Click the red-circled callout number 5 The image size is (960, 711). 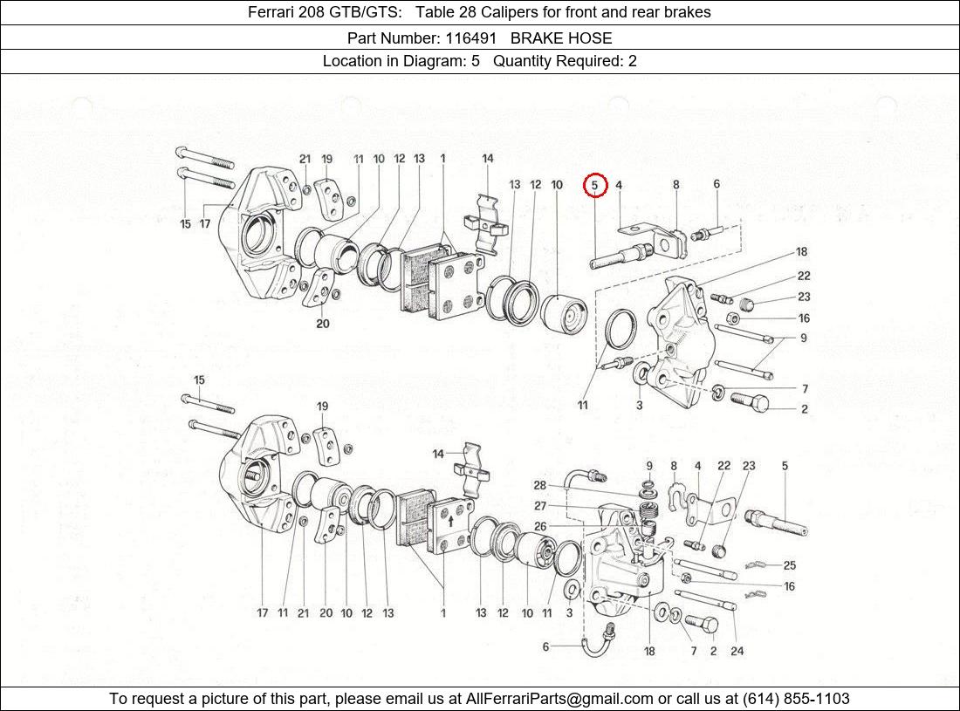tap(594, 185)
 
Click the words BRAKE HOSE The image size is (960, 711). tap(561, 38)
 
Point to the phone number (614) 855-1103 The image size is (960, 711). tap(795, 698)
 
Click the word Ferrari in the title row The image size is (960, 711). tap(272, 12)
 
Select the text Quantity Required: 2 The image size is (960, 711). tap(565, 61)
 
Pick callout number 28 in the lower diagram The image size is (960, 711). tap(540, 486)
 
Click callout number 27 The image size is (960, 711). tap(540, 506)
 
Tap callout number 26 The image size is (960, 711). tap(540, 526)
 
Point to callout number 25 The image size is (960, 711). tap(789, 565)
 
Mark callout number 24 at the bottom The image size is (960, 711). tap(737, 651)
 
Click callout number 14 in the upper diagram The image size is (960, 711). tap(488, 159)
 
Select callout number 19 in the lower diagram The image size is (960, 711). tap(322, 407)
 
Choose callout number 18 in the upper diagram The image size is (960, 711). tap(801, 252)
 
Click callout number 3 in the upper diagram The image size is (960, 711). tap(640, 406)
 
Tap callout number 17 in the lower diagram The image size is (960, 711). tap(262, 613)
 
